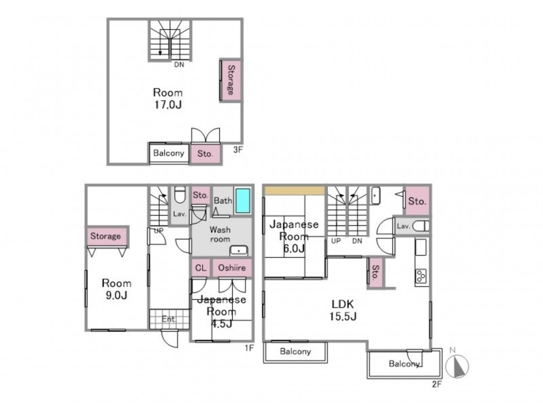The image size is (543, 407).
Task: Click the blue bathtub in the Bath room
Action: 242,201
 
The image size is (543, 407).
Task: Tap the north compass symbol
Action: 456,366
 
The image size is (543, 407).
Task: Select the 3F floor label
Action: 238,150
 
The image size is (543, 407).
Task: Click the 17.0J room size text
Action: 168,104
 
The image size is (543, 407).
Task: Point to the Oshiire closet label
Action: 231,268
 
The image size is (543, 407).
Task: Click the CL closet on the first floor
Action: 200,268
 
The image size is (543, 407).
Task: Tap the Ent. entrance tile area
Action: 169,319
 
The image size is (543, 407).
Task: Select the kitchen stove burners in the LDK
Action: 422,276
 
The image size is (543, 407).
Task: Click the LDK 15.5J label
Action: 343,310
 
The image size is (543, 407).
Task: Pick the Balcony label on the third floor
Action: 168,153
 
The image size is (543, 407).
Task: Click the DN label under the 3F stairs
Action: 179,64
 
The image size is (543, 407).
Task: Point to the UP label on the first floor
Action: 159,231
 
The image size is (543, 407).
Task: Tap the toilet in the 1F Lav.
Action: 179,195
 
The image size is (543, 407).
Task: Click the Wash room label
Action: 220,234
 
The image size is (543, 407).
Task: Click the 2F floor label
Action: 437,384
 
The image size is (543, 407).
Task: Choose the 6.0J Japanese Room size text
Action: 294,248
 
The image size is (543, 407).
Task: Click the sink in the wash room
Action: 239,250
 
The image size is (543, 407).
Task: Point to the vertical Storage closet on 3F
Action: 231,80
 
